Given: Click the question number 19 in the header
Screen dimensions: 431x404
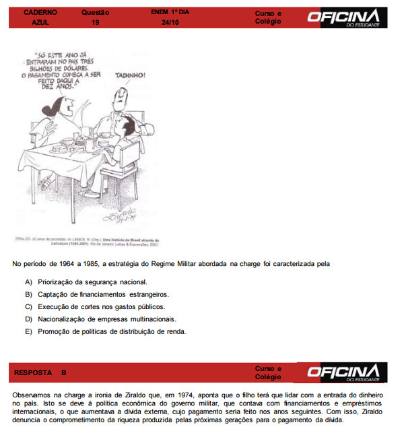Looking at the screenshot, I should pyautogui.click(x=95, y=22).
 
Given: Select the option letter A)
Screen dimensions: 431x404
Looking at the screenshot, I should pyautogui.click(x=28, y=282).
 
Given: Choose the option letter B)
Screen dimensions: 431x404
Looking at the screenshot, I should pyautogui.click(x=28, y=294).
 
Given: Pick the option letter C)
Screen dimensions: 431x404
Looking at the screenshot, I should pyautogui.click(x=28, y=306).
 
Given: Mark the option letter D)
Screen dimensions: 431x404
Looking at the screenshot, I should pyautogui.click(x=28, y=319).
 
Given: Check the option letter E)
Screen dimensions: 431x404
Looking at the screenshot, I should pyautogui.click(x=28, y=331).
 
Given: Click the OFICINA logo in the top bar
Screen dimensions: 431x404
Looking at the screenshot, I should pyautogui.click(x=344, y=17).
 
